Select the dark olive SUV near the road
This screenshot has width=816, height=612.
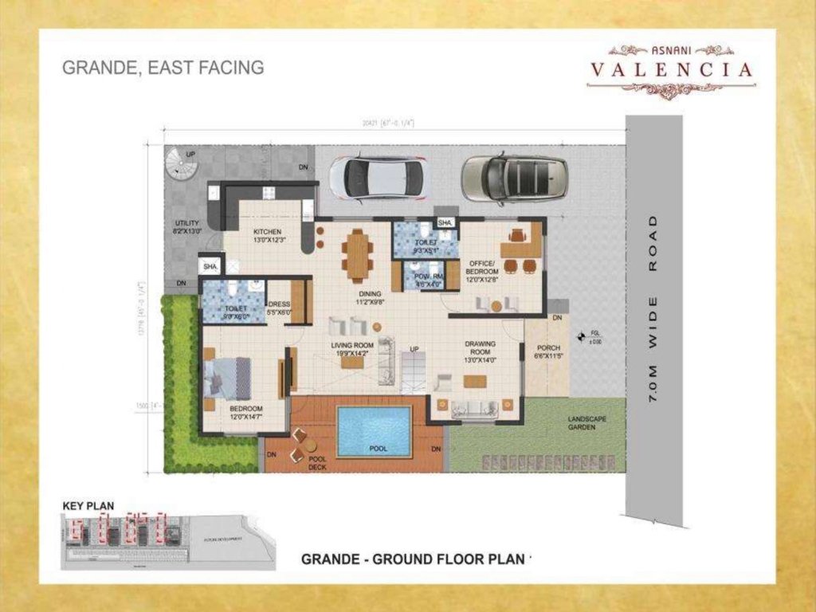(515, 177)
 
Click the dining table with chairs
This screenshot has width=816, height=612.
(357, 255)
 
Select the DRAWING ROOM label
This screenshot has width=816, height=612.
(481, 348)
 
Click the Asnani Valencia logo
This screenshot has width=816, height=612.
(671, 70)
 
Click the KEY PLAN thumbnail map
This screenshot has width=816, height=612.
(167, 540)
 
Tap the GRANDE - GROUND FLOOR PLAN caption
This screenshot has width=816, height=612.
(414, 559)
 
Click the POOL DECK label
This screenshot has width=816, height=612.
(317, 463)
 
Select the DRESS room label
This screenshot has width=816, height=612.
(279, 304)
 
